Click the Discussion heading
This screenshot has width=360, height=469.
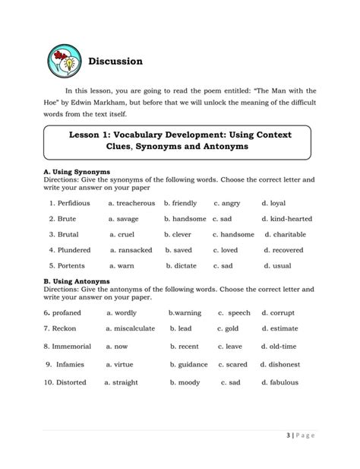pos(115,61)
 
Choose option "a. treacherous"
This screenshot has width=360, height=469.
pos(132,204)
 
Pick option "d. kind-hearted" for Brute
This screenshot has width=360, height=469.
pos(286,219)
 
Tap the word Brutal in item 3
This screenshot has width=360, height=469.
pos(68,234)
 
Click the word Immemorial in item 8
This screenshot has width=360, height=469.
pos(73,346)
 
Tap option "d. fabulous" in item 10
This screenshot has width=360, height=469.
pos(279,382)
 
